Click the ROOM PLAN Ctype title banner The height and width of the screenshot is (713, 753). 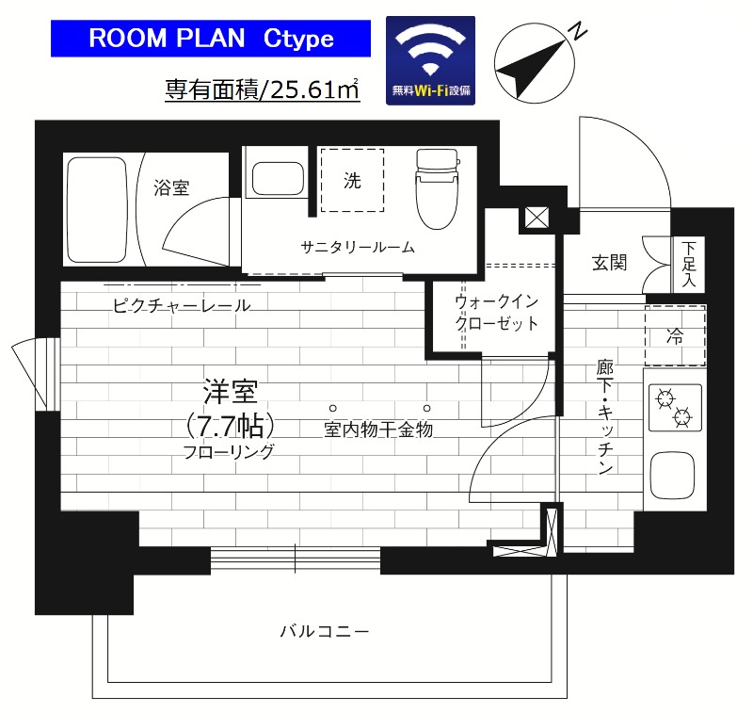(x=211, y=39)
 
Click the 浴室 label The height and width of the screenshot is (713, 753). (x=171, y=187)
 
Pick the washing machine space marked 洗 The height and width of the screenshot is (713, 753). (x=352, y=181)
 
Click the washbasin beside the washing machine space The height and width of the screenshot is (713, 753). (x=275, y=176)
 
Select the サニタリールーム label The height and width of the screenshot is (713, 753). (x=358, y=248)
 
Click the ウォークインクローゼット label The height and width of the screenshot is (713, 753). (x=496, y=313)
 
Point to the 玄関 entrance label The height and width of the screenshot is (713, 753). (x=610, y=263)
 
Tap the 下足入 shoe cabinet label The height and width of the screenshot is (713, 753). (x=689, y=262)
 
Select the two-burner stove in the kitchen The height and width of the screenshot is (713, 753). (x=675, y=407)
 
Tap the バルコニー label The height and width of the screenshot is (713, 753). (x=324, y=630)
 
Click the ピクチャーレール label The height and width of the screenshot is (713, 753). (x=181, y=305)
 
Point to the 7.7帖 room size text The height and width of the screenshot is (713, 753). (x=232, y=425)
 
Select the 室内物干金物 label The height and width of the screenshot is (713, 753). (x=377, y=430)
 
